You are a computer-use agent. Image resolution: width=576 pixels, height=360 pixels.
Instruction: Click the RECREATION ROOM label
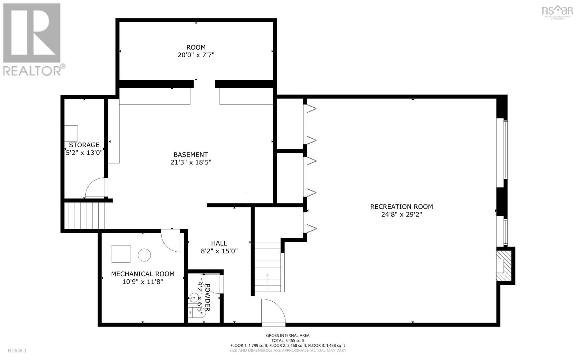(401, 207)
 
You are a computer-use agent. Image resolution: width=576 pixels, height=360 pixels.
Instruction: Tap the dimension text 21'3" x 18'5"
(191, 162)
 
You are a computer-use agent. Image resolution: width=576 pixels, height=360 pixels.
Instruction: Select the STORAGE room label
(84, 145)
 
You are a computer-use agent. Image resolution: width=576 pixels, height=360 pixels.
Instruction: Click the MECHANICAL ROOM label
(143, 274)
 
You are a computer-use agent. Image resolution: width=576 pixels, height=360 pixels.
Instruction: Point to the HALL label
(219, 243)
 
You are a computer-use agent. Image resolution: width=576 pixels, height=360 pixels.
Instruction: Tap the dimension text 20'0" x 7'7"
(196, 55)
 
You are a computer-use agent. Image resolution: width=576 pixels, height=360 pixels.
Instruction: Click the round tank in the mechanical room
(145, 255)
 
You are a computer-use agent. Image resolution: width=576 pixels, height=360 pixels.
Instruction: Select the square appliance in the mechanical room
(121, 254)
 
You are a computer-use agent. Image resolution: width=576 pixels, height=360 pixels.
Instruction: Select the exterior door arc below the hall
(273, 311)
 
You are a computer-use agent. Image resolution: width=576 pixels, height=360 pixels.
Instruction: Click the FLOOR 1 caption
(17, 350)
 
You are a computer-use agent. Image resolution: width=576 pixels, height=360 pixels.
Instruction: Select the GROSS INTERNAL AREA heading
(288, 335)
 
